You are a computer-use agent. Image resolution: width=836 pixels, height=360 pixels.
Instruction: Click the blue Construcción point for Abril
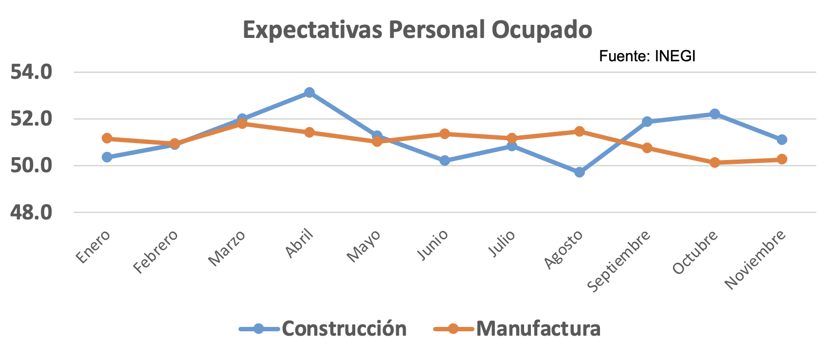click(x=309, y=92)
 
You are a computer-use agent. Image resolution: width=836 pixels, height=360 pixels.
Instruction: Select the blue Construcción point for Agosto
click(x=580, y=172)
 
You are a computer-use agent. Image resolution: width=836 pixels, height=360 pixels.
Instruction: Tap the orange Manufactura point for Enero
click(x=107, y=139)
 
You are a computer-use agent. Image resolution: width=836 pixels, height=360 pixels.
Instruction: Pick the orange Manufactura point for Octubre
click(x=715, y=162)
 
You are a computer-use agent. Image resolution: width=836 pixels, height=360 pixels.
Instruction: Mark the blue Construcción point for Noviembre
click(x=782, y=140)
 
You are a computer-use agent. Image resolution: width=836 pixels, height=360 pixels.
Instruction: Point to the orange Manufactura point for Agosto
click(x=580, y=131)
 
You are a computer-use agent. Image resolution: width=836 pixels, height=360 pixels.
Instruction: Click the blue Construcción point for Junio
click(x=445, y=161)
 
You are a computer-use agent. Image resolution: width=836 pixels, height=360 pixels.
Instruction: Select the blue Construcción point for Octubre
click(x=715, y=114)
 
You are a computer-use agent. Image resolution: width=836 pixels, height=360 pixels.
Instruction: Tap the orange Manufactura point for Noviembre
click(x=782, y=159)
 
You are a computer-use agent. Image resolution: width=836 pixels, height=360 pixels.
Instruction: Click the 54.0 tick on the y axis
click(x=31, y=72)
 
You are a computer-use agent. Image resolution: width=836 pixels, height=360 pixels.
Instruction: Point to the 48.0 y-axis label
click(x=31, y=213)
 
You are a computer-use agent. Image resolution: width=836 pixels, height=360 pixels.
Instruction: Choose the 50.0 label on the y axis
click(x=31, y=166)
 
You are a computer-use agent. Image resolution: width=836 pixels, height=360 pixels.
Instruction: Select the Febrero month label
click(x=156, y=252)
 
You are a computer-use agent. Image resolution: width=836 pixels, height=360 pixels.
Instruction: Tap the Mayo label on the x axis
click(x=364, y=246)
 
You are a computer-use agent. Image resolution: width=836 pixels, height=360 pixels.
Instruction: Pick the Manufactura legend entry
click(x=517, y=329)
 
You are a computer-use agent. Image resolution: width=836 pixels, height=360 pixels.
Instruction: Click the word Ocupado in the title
click(x=542, y=30)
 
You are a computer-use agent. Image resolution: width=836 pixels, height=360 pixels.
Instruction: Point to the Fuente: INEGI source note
click(x=647, y=56)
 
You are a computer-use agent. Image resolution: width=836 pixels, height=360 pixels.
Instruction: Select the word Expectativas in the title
click(x=313, y=30)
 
